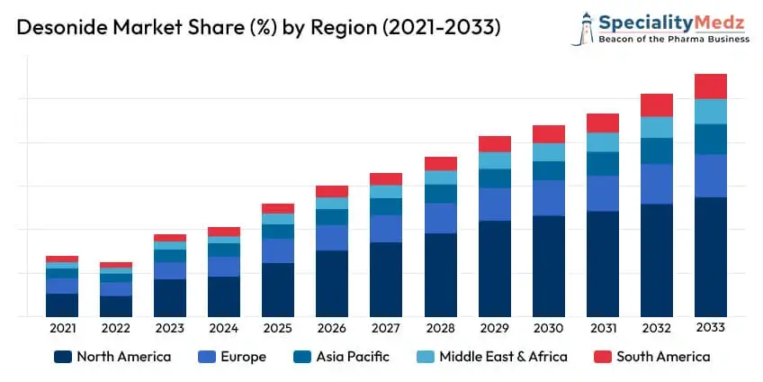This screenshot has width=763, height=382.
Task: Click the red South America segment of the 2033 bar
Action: pyautogui.click(x=710, y=86)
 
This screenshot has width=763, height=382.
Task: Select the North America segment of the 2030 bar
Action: pyautogui.click(x=548, y=266)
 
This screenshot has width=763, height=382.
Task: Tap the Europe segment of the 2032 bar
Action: pyautogui.click(x=656, y=184)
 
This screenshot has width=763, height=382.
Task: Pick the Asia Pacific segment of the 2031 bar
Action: pyautogui.click(x=602, y=163)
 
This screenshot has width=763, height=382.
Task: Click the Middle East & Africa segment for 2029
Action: pyautogui.click(x=494, y=160)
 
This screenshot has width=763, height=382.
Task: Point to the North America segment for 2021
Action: pyautogui.click(x=62, y=305)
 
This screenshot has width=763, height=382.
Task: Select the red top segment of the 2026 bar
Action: pyautogui.click(x=332, y=191)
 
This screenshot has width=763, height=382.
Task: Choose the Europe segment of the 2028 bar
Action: pyautogui.click(x=440, y=218)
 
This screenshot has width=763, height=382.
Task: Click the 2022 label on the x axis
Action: pyautogui.click(x=116, y=329)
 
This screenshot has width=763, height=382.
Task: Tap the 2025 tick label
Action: pyautogui.click(x=278, y=329)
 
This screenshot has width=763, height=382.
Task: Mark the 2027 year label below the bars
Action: pyautogui.click(x=386, y=329)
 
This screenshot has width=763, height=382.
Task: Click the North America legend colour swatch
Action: pyautogui.click(x=62, y=357)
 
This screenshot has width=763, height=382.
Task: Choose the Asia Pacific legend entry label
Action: pyautogui.click(x=353, y=357)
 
